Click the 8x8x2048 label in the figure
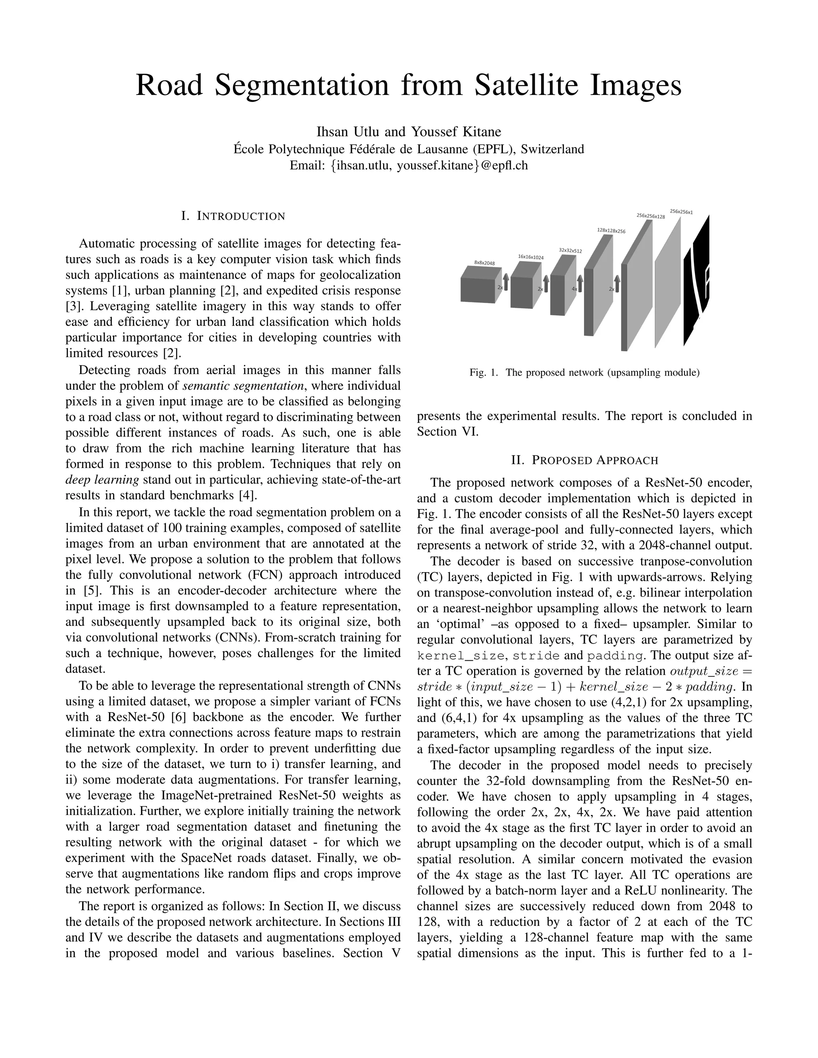coord(484,263)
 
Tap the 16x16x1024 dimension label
coord(531,257)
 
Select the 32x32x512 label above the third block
coord(570,250)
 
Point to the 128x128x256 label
coord(611,231)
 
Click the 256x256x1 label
coord(681,212)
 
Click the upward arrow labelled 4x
coord(580,284)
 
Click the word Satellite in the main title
coord(526,85)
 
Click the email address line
coord(409,165)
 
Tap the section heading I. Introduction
coord(233,216)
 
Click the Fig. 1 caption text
coord(584,372)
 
